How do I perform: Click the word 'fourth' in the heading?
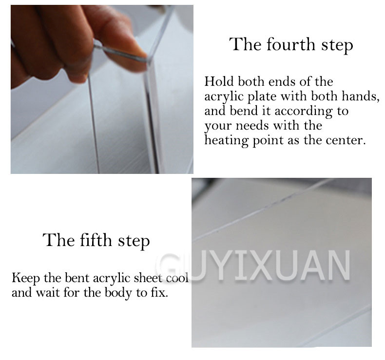(291, 45)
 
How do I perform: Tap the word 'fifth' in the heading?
(96, 240)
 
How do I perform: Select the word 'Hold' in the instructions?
(219, 81)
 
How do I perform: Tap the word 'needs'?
(252, 126)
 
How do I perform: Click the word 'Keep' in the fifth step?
(25, 278)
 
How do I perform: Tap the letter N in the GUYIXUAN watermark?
(338, 265)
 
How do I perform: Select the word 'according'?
(304, 112)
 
